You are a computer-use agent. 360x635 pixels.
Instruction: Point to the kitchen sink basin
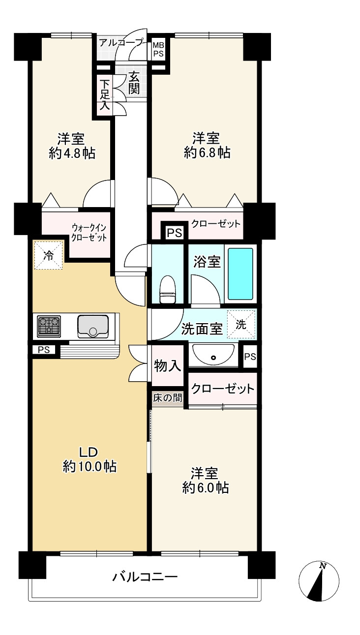(x=93, y=326)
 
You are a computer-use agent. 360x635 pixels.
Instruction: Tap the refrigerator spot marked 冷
(x=48, y=255)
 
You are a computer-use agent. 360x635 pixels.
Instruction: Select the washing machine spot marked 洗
(x=241, y=324)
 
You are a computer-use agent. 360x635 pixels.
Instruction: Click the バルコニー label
(x=145, y=576)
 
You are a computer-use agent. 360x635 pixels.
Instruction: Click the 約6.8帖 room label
(x=206, y=145)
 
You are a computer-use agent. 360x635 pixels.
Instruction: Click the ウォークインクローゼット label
(x=89, y=232)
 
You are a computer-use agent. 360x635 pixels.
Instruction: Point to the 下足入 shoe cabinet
(x=104, y=94)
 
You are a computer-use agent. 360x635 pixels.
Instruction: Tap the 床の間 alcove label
(x=167, y=398)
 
